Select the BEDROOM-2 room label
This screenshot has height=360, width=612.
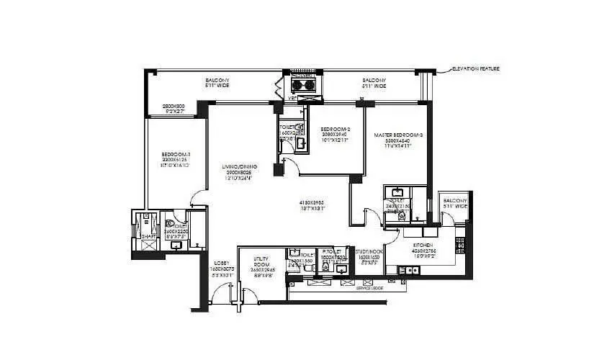[x=334, y=130]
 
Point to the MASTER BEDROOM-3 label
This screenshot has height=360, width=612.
[x=397, y=135]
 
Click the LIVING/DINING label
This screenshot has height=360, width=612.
[x=239, y=167]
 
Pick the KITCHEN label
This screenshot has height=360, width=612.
[x=423, y=246]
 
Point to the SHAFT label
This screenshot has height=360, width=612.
[x=148, y=236]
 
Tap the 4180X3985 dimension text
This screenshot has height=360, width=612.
[x=313, y=202]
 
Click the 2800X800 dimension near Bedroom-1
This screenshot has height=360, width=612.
[x=174, y=107]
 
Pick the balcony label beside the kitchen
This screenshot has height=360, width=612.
[x=455, y=203]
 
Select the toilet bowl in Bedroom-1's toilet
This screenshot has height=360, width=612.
[x=171, y=224]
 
